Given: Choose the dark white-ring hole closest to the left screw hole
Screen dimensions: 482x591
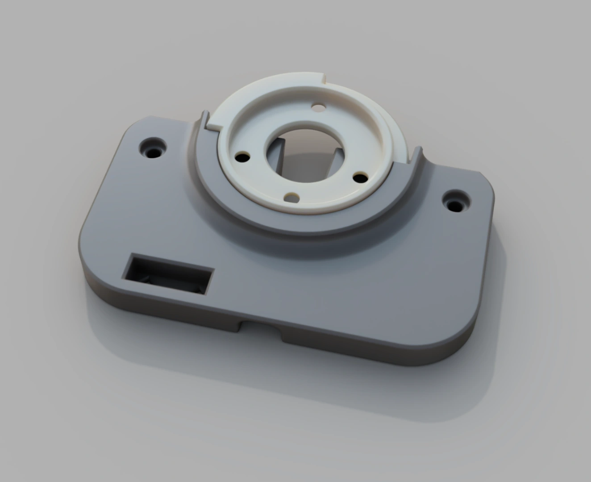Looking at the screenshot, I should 243,158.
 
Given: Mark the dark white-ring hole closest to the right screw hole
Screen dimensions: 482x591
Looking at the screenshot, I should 360,178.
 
